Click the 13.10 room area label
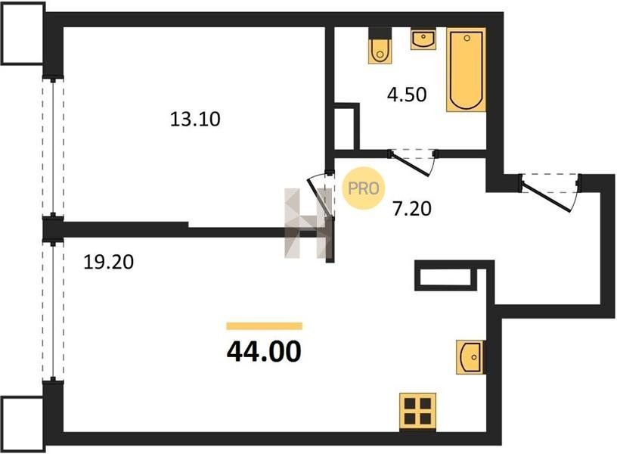(195, 119)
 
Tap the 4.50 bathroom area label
(407, 95)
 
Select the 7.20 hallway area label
(412, 208)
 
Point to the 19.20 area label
(109, 262)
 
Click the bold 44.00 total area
(264, 351)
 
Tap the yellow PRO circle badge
(363, 188)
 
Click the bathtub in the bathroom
(466, 70)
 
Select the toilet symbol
(380, 45)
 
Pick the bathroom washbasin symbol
(423, 39)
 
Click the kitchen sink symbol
(470, 356)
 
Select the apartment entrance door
(549, 192)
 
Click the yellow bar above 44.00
(265, 326)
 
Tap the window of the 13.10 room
(53, 148)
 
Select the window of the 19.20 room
(53, 311)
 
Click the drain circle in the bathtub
(467, 38)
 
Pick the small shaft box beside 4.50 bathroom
(346, 127)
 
